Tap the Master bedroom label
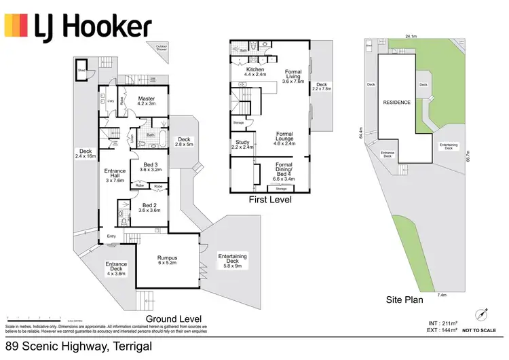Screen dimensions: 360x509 147,101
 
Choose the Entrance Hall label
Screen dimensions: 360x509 112,175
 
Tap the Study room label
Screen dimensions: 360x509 242,144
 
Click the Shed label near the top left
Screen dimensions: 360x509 81,69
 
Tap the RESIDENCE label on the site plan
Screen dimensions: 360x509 396,102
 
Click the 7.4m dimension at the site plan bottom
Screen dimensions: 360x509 442,295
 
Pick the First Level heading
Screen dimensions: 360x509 270,200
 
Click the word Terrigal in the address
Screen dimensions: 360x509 126,346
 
